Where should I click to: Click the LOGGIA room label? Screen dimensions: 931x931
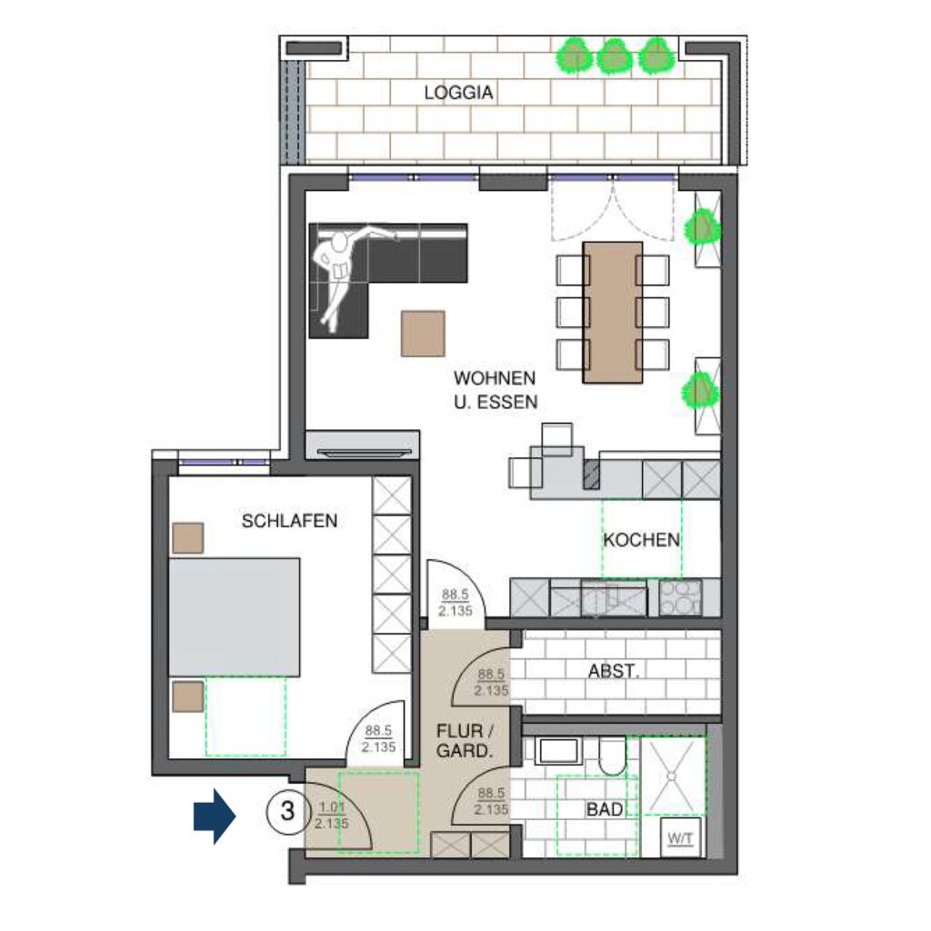[x=458, y=93]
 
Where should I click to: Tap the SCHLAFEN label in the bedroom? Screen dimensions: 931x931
[x=290, y=521]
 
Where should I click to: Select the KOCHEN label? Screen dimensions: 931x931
[x=641, y=540]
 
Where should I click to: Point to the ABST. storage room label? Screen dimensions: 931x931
[x=614, y=671]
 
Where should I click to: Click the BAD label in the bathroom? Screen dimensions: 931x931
[x=605, y=809]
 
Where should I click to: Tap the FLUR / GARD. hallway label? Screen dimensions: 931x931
[x=465, y=740]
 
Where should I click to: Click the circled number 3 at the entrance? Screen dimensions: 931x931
[x=288, y=811]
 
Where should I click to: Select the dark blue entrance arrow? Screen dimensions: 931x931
[x=215, y=816]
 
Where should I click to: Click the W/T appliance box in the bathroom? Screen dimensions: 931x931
[x=680, y=837]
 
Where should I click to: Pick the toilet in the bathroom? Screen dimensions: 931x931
[x=612, y=756]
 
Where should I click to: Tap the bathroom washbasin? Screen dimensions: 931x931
[x=558, y=751]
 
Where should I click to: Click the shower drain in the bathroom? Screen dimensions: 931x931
[x=672, y=776]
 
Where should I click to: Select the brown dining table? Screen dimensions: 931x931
[x=613, y=313]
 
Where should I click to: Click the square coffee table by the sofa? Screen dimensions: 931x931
[x=423, y=334]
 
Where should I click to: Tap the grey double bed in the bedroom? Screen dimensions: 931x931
[x=235, y=617]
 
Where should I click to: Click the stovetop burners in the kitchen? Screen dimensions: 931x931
[x=680, y=597]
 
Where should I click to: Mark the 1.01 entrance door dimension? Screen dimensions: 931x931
[x=332, y=807]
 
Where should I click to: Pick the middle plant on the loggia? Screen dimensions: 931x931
[x=614, y=56]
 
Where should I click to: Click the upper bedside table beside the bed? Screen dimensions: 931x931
[x=188, y=538]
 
